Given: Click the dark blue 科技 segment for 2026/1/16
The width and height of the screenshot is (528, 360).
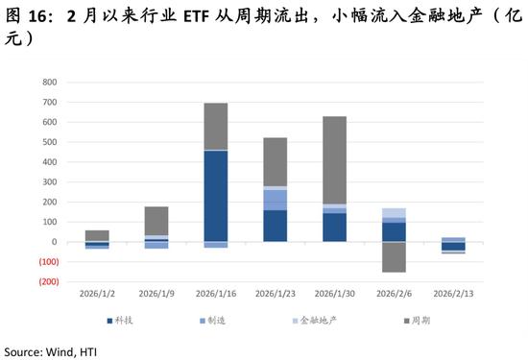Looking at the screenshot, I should tap(216, 196).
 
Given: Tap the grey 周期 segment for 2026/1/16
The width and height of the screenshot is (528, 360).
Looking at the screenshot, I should tap(216, 126).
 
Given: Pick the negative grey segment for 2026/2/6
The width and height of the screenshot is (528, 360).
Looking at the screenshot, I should tap(394, 256).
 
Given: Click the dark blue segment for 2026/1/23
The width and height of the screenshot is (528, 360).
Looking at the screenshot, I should tap(276, 225).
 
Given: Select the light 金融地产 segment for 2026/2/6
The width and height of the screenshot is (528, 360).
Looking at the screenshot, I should tap(394, 212).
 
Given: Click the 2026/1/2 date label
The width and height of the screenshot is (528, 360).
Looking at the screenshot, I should tap(97, 293).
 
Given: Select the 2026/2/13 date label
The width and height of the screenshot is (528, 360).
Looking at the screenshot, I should tap(452, 293).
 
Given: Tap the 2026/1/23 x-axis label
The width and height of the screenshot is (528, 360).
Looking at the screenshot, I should tap(275, 293).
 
